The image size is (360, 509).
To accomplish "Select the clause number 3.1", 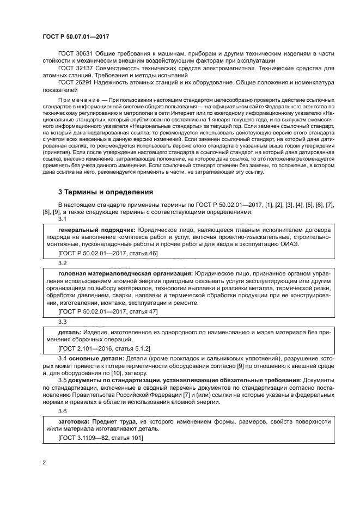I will pyautogui.click(x=62, y=219).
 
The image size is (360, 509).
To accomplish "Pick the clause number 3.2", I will pyautogui.click(x=62, y=262).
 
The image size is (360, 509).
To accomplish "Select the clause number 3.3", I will pyautogui.click(x=62, y=322).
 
